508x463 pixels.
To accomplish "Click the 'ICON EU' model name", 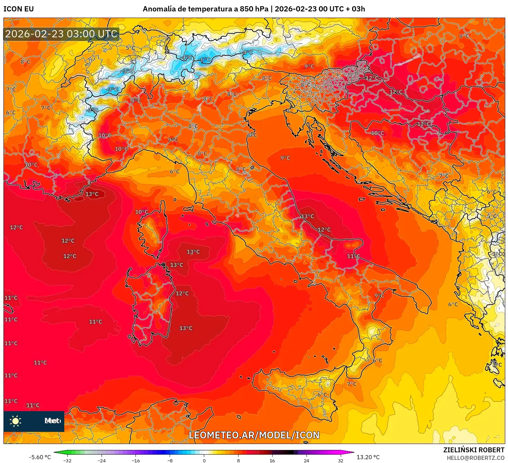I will click(19, 9).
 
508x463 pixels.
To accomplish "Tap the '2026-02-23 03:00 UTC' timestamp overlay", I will click(61, 34).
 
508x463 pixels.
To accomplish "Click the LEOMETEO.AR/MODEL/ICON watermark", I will click(254, 435).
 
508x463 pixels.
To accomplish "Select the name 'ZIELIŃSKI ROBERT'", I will click(474, 450).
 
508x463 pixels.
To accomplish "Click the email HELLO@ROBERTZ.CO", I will click(476, 458).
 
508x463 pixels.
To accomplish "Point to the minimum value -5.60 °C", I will click(40, 457).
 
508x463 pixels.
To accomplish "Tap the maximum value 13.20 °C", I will click(368, 457).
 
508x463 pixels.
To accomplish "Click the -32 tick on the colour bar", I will click(67, 460).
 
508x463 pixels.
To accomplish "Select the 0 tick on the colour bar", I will click(204, 460).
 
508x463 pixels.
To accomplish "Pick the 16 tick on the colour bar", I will click(272, 460).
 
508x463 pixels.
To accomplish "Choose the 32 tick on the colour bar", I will click(341, 460).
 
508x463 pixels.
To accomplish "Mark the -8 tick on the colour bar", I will click(170, 460).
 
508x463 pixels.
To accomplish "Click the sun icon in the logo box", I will click(16, 421).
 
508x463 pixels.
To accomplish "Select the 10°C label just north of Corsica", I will click(141, 212).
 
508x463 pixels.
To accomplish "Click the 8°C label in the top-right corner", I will click(464, 36).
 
